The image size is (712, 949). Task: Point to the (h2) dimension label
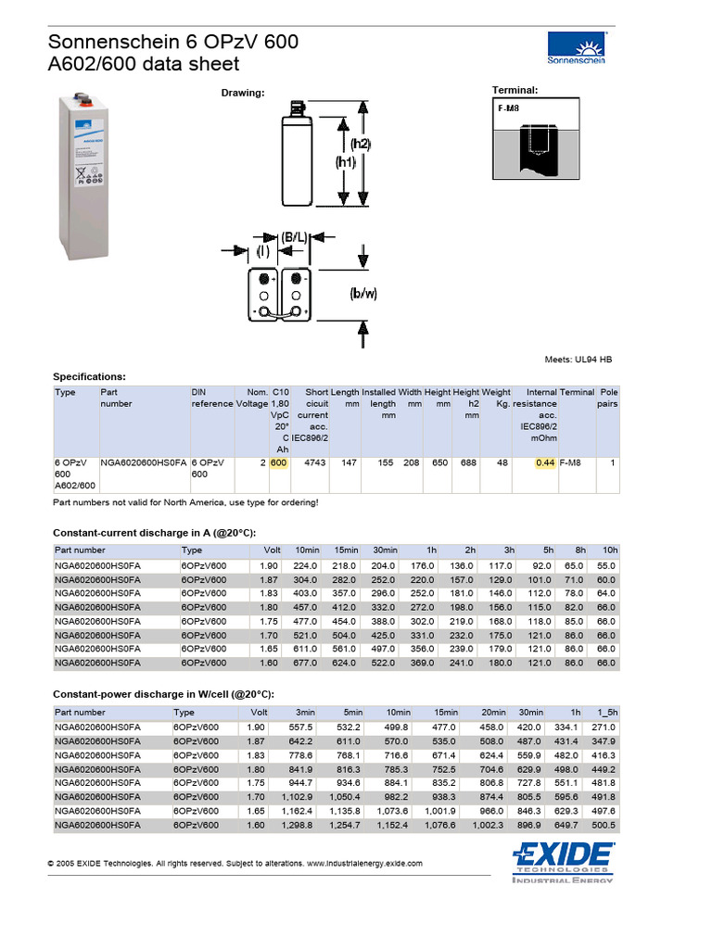tap(360, 145)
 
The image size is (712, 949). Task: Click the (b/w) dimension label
tap(363, 294)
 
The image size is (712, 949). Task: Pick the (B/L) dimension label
tap(294, 237)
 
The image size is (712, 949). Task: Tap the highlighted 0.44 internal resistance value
tap(545, 462)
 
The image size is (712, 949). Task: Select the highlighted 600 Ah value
tap(279, 462)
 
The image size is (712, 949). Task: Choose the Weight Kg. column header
tap(497, 399)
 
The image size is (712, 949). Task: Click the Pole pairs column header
tap(608, 399)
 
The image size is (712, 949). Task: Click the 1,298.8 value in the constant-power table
tap(299, 825)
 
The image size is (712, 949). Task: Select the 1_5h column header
tap(604, 713)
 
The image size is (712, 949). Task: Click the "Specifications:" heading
tap(89, 377)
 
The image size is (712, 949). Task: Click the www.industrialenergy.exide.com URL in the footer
tap(364, 864)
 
